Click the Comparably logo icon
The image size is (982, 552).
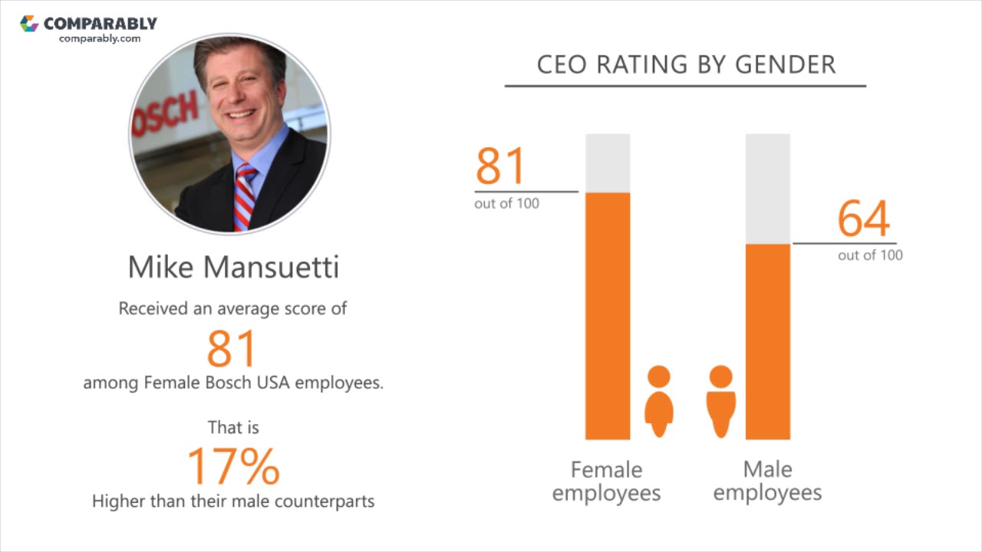click(x=29, y=24)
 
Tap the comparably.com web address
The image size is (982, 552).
click(x=100, y=39)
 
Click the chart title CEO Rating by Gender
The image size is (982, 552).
click(x=686, y=65)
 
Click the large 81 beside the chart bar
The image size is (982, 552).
click(x=501, y=166)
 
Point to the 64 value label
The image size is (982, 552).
click(x=864, y=219)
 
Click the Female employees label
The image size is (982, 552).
click(x=606, y=481)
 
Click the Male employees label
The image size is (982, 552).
click(x=767, y=481)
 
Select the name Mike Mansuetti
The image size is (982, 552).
click(x=233, y=268)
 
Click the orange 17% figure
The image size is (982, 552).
click(x=233, y=465)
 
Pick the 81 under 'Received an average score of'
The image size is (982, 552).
click(x=231, y=349)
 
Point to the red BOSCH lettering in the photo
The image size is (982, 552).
click(x=165, y=116)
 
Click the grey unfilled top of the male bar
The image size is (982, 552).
click(x=768, y=189)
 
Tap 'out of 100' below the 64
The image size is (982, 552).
click(x=870, y=255)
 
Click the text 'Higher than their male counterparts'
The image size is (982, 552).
click(x=233, y=501)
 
